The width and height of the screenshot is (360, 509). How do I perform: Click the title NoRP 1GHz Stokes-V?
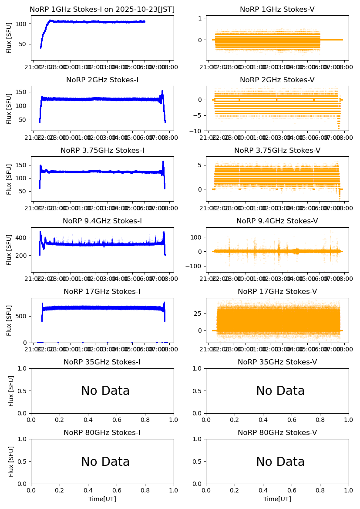click(x=277, y=10)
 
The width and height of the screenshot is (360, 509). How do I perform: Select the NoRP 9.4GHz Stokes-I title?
click(x=102, y=221)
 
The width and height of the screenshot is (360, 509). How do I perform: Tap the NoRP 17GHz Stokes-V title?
click(x=277, y=292)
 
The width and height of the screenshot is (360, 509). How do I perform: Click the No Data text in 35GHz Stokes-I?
click(x=105, y=391)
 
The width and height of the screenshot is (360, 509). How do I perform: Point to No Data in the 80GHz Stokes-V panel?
click(x=280, y=462)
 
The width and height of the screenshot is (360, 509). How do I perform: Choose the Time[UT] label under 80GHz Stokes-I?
click(x=102, y=499)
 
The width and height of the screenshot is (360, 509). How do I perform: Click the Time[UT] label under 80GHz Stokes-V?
click(x=277, y=499)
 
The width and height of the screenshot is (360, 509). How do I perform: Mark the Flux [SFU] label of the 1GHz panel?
click(x=9, y=38)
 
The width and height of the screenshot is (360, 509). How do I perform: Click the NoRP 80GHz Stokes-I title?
click(x=102, y=433)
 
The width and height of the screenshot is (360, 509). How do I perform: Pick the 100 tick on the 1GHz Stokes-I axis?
click(x=22, y=24)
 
